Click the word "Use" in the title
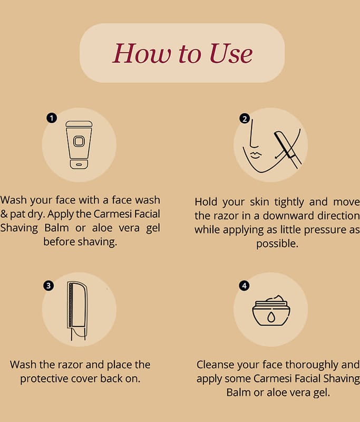[x=231, y=53]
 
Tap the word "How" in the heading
[x=142, y=53]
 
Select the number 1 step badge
[x=52, y=118]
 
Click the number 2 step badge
[x=245, y=118]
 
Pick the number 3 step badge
[x=48, y=285]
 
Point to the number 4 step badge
[x=244, y=285]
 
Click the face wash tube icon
[x=79, y=145]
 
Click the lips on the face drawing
[x=256, y=155]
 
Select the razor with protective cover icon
[x=77, y=311]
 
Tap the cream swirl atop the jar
[x=274, y=299]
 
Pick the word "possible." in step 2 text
[x=277, y=244]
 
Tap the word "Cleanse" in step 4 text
[x=215, y=365]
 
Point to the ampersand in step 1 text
[x=4, y=214]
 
